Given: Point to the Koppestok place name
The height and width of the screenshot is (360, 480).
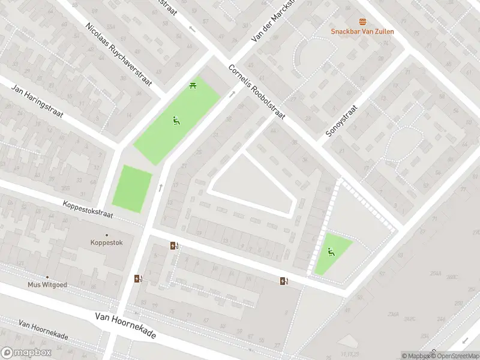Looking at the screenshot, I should coord(106,242).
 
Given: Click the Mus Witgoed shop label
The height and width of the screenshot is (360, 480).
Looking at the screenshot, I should coord(47,285).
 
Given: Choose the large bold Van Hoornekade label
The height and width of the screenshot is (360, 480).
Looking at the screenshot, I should coord(125,325).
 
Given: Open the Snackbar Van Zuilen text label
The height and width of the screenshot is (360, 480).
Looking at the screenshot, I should coord(362,31).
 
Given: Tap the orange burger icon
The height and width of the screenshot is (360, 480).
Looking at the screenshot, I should coord(362,21).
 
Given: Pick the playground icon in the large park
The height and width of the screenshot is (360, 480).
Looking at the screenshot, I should coord(175,121).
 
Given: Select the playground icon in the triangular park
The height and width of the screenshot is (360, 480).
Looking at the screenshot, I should coord(331,251).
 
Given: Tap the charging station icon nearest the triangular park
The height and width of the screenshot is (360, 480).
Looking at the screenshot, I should coord(284,281).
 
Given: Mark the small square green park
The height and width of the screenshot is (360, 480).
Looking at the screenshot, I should coord(132,189).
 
